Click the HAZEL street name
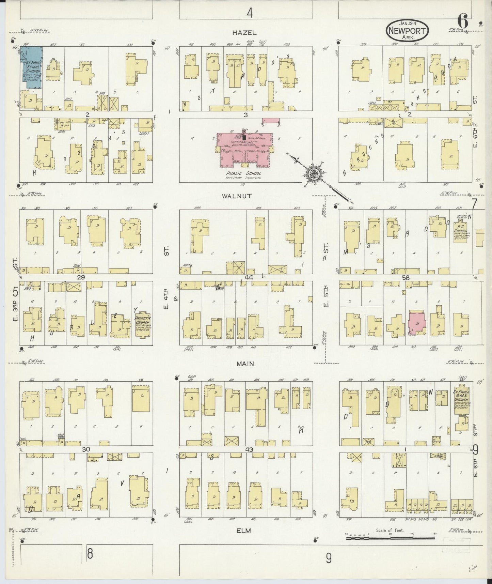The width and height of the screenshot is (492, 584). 244,33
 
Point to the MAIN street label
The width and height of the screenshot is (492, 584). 245,364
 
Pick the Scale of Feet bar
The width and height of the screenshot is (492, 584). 390,538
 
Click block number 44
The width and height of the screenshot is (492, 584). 249,278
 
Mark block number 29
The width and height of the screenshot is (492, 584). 81,278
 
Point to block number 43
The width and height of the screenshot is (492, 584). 249,449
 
